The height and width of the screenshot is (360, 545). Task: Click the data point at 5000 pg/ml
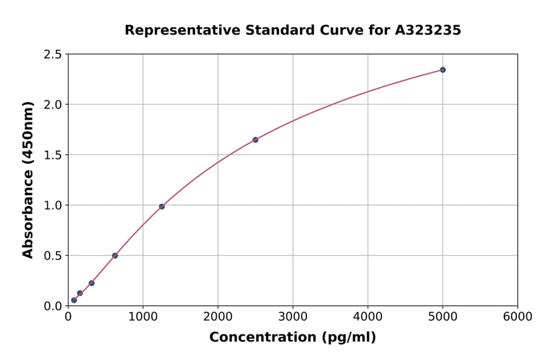point(443,70)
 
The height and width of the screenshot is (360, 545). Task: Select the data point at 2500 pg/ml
point(256,139)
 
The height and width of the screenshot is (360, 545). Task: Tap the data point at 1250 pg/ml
point(162,207)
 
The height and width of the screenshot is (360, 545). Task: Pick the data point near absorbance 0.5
point(115,256)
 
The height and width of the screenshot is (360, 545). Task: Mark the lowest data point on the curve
point(74,300)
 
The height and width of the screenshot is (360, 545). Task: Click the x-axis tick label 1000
point(143,317)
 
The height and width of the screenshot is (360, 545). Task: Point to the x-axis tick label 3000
point(293,317)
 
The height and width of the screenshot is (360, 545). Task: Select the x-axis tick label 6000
point(518,317)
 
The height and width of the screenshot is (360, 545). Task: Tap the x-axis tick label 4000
point(368,317)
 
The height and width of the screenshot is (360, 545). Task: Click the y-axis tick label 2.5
point(53,55)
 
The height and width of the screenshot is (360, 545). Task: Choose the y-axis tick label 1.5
point(53,155)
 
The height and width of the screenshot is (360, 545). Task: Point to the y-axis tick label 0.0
point(53,306)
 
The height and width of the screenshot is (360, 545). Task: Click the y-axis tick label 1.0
point(53,205)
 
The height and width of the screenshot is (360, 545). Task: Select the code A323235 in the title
point(429,30)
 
